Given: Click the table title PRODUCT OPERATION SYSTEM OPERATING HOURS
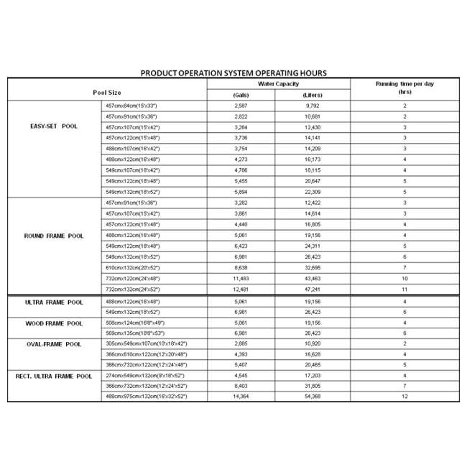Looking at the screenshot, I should pyautogui.click(x=233, y=73).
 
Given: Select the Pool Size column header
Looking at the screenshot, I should pyautogui.click(x=107, y=93).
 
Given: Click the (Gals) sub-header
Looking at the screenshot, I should pyautogui.click(x=241, y=95).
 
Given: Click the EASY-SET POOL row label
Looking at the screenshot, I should pyautogui.click(x=55, y=126).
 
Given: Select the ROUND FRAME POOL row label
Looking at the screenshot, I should pyautogui.click(x=54, y=235).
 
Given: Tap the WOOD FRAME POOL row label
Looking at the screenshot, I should pyautogui.click(x=55, y=323).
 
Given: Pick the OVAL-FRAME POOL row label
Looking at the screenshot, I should pyautogui.click(x=55, y=344).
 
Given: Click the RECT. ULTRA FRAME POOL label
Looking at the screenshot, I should pyautogui.click(x=54, y=376).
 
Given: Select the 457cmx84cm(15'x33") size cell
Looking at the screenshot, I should pyautogui.click(x=132, y=105).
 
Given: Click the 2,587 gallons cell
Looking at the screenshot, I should pyautogui.click(x=241, y=105).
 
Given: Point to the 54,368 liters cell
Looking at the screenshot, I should pyautogui.click(x=313, y=397).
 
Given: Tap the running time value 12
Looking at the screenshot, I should pyautogui.click(x=404, y=397).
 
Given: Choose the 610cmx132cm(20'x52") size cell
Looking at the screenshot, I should pyautogui.click(x=133, y=267).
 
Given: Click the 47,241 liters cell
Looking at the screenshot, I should pyautogui.click(x=313, y=289).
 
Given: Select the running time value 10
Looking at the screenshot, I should pyautogui.click(x=404, y=278).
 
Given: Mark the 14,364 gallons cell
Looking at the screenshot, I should pyautogui.click(x=241, y=397).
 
